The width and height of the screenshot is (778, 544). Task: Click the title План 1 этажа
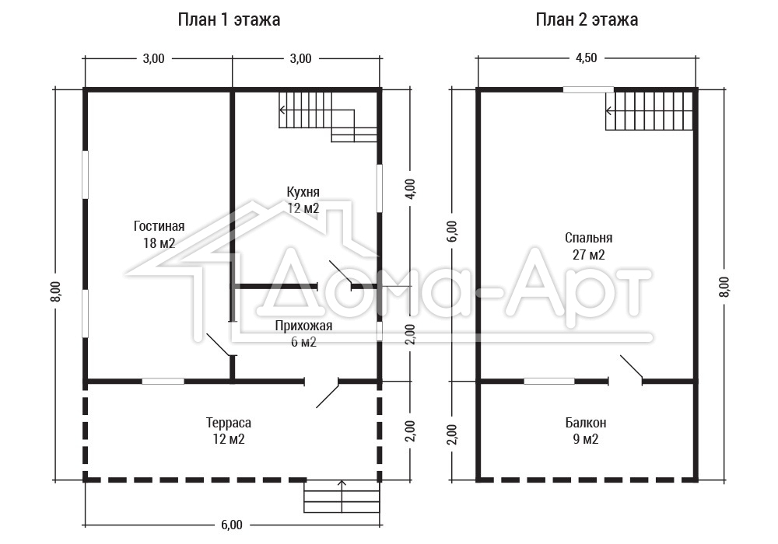point(229,19)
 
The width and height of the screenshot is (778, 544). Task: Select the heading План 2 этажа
point(587,19)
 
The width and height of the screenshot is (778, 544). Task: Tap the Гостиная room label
point(159,226)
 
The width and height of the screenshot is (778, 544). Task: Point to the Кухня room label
point(303,192)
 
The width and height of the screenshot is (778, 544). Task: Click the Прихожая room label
point(303,326)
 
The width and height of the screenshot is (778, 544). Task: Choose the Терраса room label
point(229,423)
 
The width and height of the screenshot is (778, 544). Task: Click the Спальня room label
point(588,238)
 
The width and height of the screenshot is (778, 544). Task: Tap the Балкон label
point(586,423)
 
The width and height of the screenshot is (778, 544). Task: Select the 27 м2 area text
point(588,255)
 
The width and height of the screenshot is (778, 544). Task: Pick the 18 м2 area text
point(159,243)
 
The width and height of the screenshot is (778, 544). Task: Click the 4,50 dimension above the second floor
point(586,58)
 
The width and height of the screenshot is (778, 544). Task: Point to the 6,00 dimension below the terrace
point(232,525)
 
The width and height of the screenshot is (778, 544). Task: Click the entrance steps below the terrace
point(342,496)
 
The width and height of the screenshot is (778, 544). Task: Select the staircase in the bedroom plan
point(649,111)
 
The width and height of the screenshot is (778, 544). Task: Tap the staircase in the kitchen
point(328,117)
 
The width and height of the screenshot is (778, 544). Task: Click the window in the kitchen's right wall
point(380,188)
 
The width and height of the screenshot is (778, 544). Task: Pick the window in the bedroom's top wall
point(588,89)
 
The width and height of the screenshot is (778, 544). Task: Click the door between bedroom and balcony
point(632,367)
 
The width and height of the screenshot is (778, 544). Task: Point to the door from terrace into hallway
point(328,395)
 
